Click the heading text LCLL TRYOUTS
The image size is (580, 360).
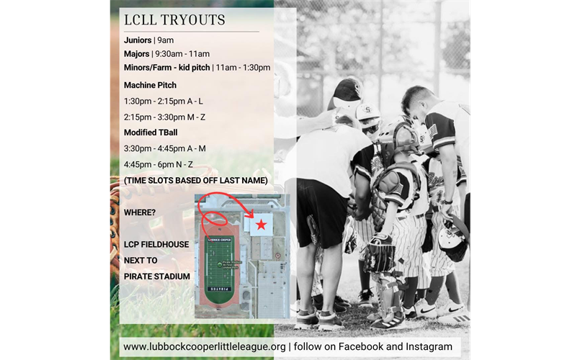click(x=174, y=19)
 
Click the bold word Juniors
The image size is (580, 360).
click(x=138, y=40)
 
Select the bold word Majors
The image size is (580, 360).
click(x=136, y=53)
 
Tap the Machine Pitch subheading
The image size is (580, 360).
click(x=150, y=85)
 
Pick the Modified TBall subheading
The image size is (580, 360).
click(x=151, y=132)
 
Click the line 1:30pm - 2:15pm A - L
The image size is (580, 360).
click(x=164, y=101)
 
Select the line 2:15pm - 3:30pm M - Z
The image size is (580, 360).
click(x=164, y=117)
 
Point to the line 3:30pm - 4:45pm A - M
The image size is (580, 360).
click(x=165, y=148)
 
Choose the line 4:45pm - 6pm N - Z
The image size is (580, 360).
click(x=159, y=164)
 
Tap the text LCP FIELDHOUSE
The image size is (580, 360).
click(x=156, y=244)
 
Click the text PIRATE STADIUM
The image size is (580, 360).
click(x=156, y=276)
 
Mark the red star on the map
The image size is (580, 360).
click(x=261, y=225)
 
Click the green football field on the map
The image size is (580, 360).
click(x=219, y=264)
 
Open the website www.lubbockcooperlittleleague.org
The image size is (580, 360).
click(x=205, y=346)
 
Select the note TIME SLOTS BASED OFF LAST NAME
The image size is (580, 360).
click(x=196, y=180)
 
